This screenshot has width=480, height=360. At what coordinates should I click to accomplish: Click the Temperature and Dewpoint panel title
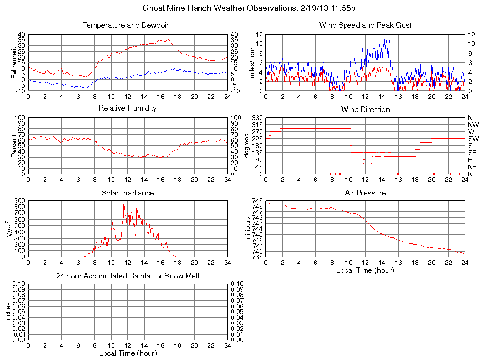(x=127, y=25)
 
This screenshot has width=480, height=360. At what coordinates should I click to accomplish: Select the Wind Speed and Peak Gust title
(x=365, y=25)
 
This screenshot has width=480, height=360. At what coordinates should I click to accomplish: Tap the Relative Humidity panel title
(x=127, y=108)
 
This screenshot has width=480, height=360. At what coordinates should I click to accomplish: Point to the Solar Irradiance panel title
(x=127, y=193)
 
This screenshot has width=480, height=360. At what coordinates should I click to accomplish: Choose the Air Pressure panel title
(x=365, y=193)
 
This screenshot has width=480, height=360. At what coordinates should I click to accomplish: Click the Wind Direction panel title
(x=365, y=110)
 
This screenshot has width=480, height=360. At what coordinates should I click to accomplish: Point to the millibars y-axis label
(x=249, y=228)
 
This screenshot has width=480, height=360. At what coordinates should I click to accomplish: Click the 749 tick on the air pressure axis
(x=257, y=201)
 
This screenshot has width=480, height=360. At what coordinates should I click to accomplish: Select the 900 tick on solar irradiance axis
(x=20, y=201)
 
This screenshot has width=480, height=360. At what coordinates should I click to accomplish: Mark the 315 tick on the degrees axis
(x=257, y=125)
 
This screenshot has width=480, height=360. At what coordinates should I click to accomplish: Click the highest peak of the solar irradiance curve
(x=124, y=205)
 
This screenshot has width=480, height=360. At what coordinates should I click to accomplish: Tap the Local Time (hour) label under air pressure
(x=365, y=270)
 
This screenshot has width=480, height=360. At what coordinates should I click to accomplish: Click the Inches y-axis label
(x=8, y=312)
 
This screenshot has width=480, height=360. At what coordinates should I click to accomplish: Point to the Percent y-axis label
(x=14, y=146)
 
